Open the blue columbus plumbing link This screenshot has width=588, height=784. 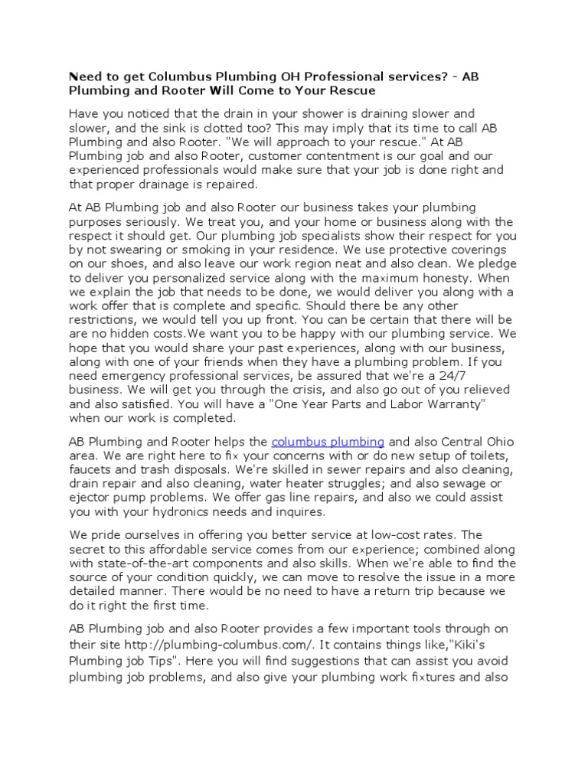328,442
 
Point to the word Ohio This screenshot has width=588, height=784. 498,442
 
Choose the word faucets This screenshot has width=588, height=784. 92,469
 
